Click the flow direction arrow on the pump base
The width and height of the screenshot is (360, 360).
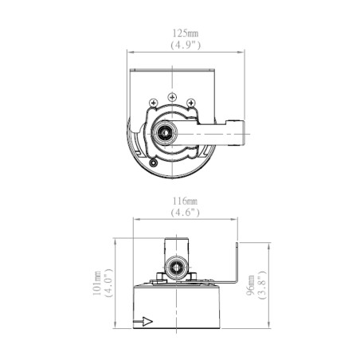tap(143, 322)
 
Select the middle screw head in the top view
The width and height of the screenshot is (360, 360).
tap(170, 97)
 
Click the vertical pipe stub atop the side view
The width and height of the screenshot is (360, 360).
tap(177, 244)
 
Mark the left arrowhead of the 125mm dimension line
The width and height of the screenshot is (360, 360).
tap(131, 53)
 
